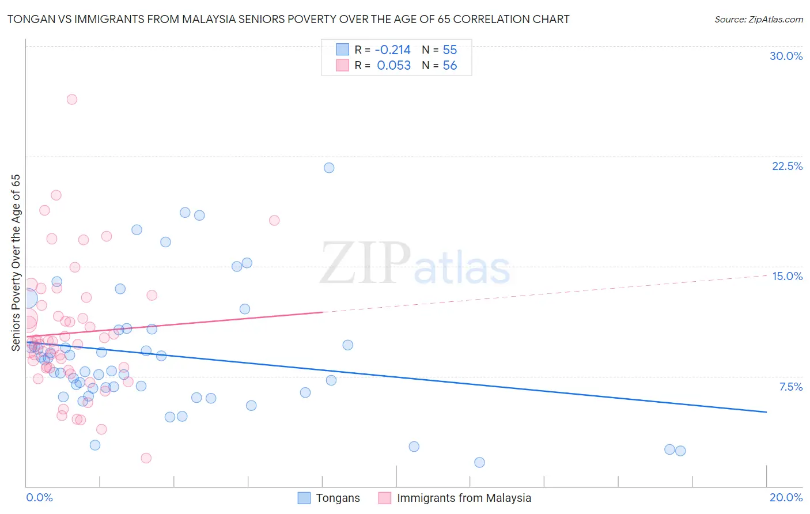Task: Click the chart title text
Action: (x=288, y=19)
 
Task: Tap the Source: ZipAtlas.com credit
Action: (x=758, y=19)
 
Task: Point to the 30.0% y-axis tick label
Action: (x=786, y=56)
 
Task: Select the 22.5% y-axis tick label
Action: (x=787, y=166)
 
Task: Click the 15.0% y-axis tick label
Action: (x=787, y=276)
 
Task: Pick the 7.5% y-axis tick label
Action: (x=790, y=387)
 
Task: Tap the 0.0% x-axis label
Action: (x=39, y=497)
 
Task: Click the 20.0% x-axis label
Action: (x=786, y=497)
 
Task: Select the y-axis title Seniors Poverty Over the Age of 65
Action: (x=16, y=262)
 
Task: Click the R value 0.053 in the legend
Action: (x=393, y=66)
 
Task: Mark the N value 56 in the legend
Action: (x=449, y=66)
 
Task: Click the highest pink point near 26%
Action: (x=72, y=99)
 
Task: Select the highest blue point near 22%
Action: (x=329, y=168)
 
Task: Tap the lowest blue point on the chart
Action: (x=479, y=462)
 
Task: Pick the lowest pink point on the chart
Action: (x=146, y=458)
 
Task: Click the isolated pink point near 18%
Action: (x=274, y=220)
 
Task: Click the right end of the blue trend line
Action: (x=766, y=412)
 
